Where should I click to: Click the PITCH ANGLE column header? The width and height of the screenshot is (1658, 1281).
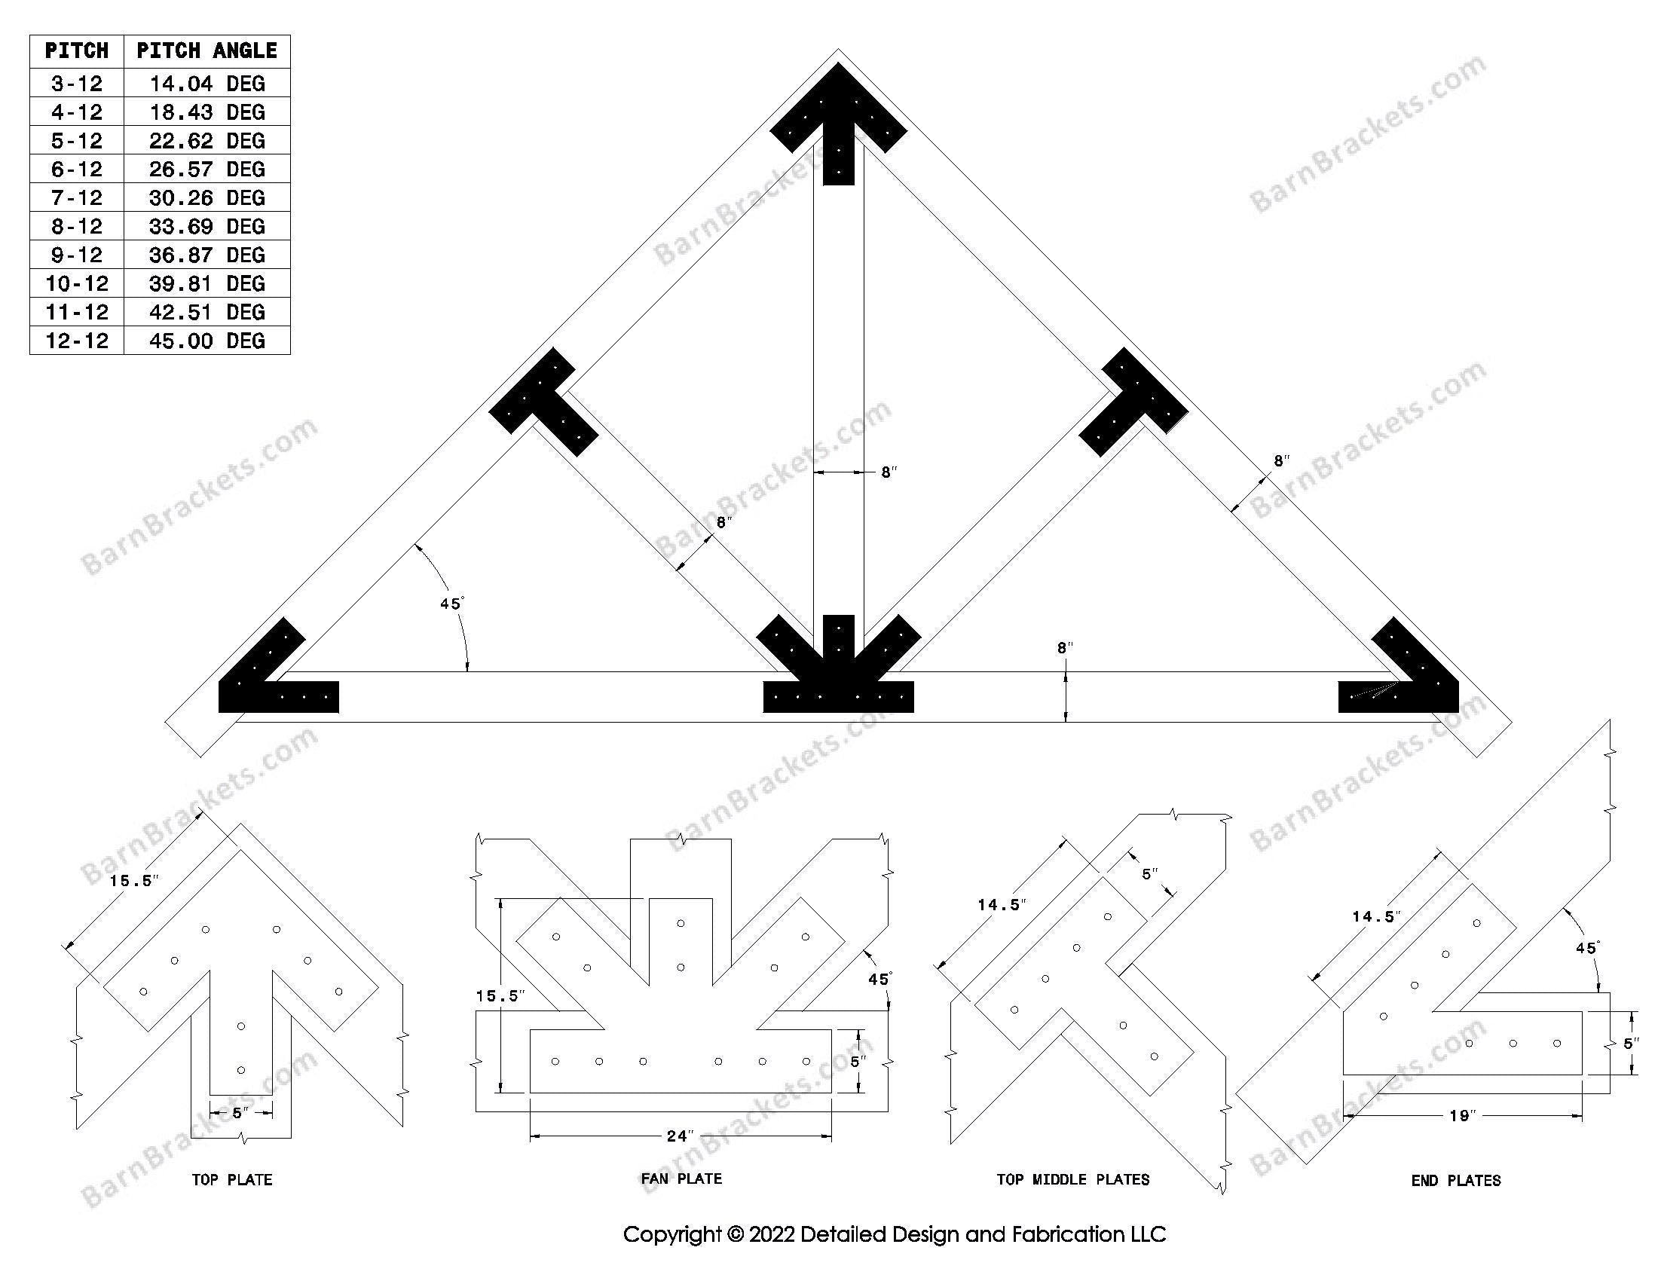coord(206,50)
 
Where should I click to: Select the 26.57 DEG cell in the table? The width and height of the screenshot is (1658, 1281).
coord(206,169)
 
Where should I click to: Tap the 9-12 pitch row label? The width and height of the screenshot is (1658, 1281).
coord(77,254)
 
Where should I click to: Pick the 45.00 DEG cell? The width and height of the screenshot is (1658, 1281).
coord(206,340)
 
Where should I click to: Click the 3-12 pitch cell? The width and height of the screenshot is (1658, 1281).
coord(77,83)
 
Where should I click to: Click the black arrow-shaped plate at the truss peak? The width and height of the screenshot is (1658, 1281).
coord(838,121)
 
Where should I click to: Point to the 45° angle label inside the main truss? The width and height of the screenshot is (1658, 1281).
coord(451,604)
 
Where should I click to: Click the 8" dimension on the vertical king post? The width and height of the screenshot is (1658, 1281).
coord(889,472)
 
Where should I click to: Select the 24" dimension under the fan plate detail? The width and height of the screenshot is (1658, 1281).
coord(680,1136)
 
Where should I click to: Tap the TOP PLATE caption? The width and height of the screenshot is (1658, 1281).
coord(231,1179)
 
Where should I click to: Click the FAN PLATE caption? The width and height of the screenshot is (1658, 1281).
coord(681,1179)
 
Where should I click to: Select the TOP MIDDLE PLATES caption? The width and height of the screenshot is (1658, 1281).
coord(1072,1179)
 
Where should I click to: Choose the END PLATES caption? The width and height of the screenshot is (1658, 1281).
coord(1456,1180)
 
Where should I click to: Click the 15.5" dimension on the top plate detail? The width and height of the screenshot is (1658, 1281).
coord(134,880)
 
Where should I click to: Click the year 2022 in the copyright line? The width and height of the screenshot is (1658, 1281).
coord(772,1235)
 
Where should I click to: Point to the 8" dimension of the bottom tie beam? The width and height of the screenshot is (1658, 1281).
coord(1064,647)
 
